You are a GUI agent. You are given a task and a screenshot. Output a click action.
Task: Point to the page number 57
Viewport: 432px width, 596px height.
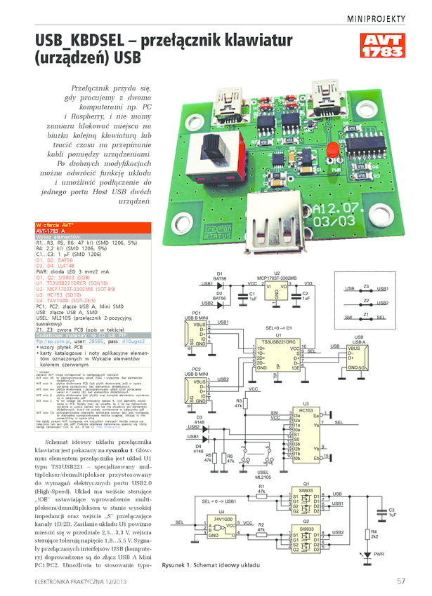400,581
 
